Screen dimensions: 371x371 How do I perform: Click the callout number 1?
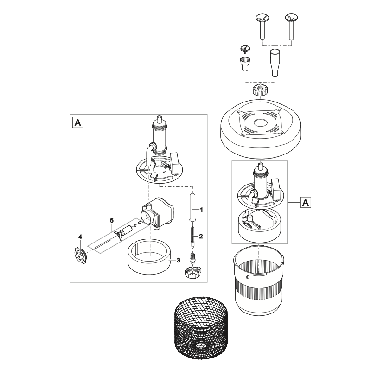[200, 211]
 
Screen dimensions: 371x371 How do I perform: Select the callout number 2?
[201, 236]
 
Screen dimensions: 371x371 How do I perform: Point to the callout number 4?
[80, 237]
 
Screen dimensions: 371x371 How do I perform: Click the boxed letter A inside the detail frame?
[77, 123]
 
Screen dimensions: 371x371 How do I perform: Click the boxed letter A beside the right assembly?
[306, 202]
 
